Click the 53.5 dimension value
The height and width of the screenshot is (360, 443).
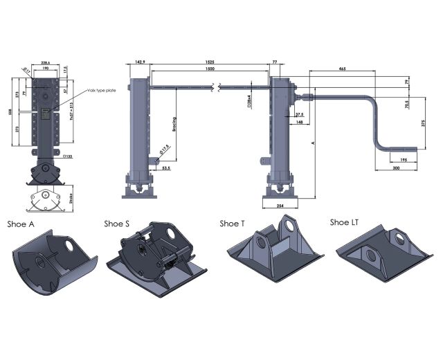coord(166,167)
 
